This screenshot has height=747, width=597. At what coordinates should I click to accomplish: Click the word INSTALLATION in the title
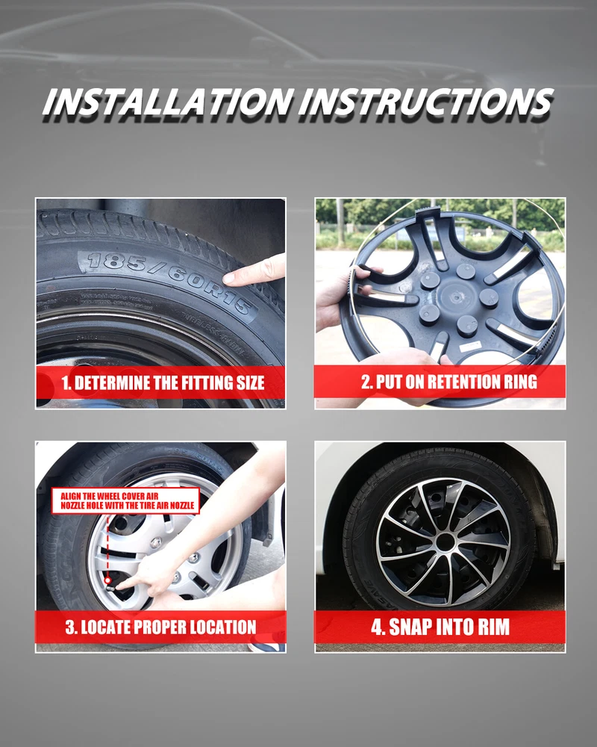click(x=168, y=102)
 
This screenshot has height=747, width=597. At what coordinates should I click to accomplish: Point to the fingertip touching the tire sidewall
click(x=228, y=278)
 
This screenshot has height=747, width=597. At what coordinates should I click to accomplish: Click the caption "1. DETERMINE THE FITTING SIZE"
click(x=163, y=382)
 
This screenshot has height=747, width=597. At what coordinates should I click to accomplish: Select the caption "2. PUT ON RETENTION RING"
click(x=449, y=382)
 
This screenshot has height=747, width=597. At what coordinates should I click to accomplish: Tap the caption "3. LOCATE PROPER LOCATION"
click(x=161, y=627)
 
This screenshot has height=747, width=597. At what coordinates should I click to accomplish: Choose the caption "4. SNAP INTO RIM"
click(x=440, y=627)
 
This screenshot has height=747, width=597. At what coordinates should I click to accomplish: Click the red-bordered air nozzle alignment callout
click(x=125, y=500)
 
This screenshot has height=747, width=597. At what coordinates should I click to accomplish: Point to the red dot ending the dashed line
click(x=108, y=580)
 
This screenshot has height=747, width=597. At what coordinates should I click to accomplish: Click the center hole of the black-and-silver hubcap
click(x=445, y=542)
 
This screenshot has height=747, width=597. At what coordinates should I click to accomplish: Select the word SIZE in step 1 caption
click(x=250, y=382)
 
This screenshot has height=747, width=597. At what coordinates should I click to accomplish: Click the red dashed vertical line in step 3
click(x=108, y=546)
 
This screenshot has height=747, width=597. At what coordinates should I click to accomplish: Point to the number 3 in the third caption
click(x=70, y=627)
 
